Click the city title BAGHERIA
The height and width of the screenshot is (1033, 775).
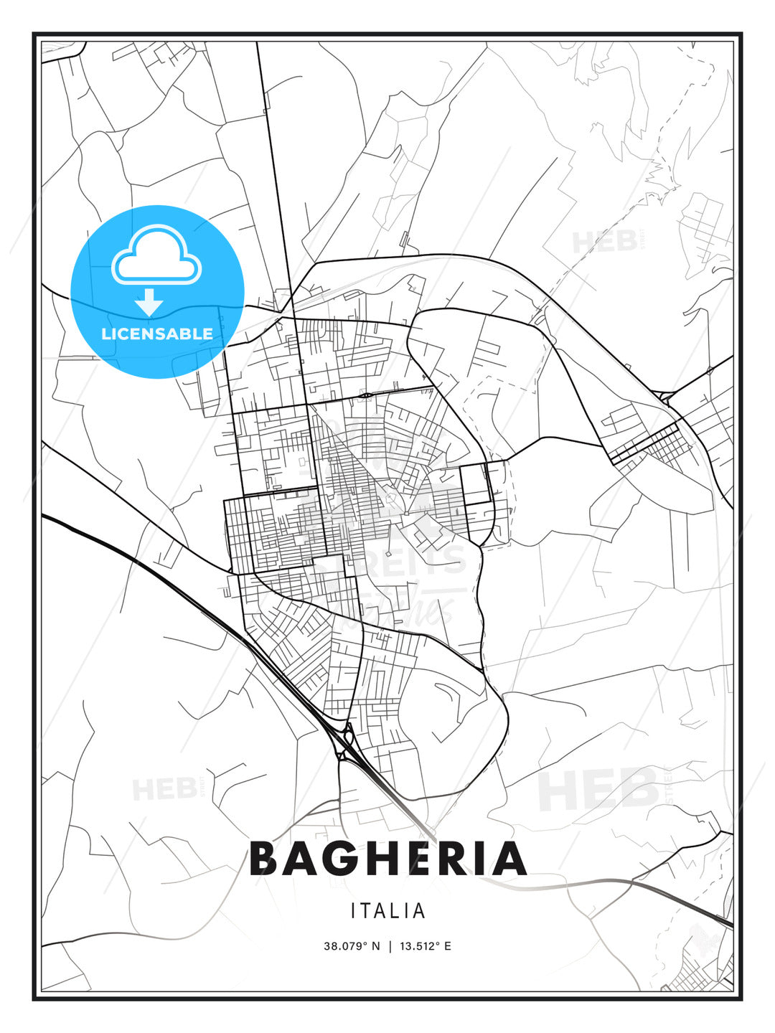click(x=387, y=859)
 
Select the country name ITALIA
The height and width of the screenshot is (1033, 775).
click(x=387, y=911)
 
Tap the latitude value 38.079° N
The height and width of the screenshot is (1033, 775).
click(x=352, y=946)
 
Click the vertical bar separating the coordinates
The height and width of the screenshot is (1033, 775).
click(x=388, y=946)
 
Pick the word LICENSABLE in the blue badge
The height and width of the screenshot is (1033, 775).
click(x=157, y=334)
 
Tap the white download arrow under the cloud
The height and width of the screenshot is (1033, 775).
click(x=150, y=303)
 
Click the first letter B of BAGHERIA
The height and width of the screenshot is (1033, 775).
click(x=263, y=859)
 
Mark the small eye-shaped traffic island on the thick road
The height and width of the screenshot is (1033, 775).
click(x=367, y=395)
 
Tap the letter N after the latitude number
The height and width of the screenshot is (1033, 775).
click(x=375, y=946)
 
